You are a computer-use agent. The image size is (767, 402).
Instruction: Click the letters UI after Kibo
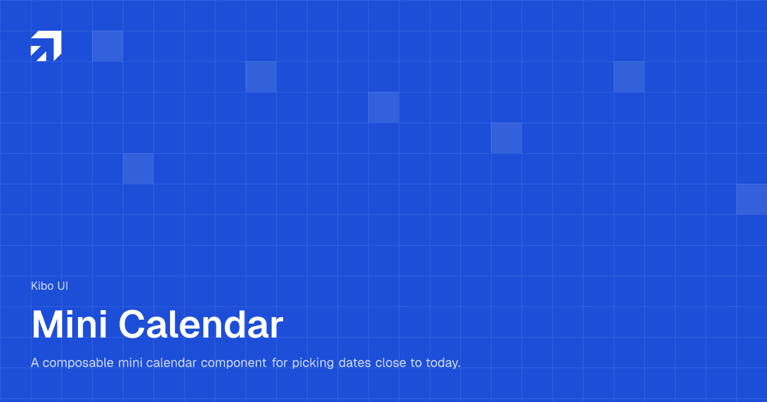click(63, 286)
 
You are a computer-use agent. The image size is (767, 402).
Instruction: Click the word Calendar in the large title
click(201, 325)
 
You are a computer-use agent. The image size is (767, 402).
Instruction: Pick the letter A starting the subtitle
click(35, 363)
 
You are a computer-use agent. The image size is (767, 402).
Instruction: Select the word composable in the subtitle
click(79, 363)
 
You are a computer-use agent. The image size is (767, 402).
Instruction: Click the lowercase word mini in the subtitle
click(130, 363)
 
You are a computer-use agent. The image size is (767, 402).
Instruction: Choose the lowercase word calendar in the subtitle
click(171, 363)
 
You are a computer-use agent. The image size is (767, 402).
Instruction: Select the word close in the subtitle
click(391, 363)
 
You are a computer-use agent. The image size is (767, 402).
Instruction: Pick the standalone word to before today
click(416, 363)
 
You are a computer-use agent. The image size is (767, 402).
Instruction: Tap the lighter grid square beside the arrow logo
click(107, 46)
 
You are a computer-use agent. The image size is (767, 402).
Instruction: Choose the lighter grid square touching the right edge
click(752, 199)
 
